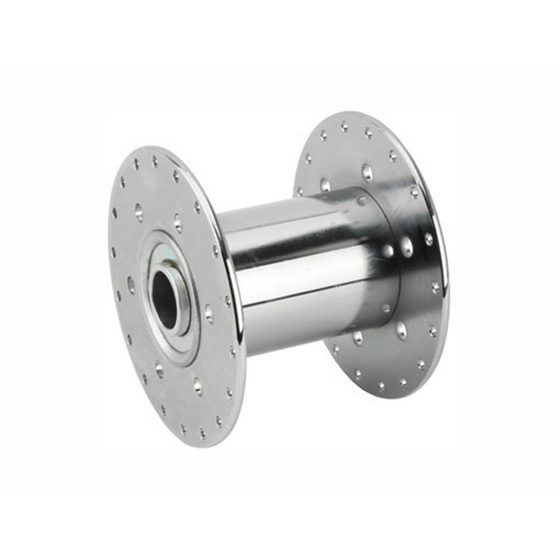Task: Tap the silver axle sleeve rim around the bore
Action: [178, 291]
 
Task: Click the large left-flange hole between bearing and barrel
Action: [208, 314]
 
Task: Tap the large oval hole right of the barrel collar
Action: [407, 246]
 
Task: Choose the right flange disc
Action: [392, 358]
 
